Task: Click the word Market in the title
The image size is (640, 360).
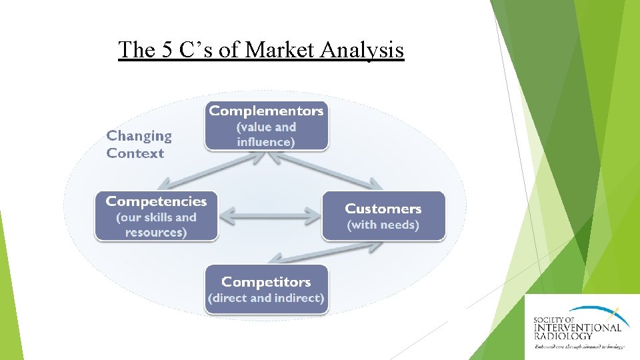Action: (x=281, y=49)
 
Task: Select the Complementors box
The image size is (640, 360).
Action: (x=266, y=125)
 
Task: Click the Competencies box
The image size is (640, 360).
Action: (x=156, y=216)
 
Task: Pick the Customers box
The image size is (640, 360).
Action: (x=383, y=216)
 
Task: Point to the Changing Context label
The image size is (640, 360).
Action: (x=139, y=144)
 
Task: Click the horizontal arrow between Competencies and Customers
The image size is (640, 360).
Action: (x=270, y=215)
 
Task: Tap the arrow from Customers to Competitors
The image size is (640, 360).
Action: (x=325, y=253)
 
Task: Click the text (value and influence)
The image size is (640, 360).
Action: (x=266, y=134)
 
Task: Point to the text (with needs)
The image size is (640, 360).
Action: (x=383, y=225)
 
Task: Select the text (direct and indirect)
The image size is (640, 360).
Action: (x=266, y=298)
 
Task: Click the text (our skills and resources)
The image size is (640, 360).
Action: (x=156, y=225)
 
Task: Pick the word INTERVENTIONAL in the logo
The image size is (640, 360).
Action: (x=577, y=327)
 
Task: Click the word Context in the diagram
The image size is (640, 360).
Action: (x=135, y=153)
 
